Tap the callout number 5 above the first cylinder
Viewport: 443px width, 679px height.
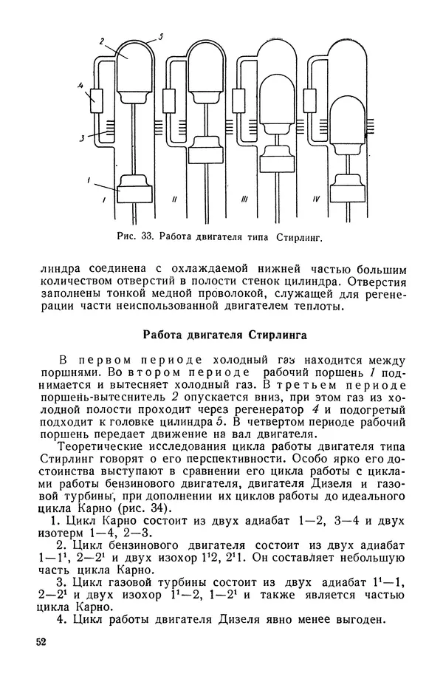pyautogui.click(x=160, y=35)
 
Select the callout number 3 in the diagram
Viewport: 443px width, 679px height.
pyautogui.click(x=82, y=137)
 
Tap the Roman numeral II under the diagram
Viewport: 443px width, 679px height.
pyautogui.click(x=174, y=199)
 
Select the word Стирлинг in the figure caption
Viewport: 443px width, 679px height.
pyautogui.click(x=301, y=238)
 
